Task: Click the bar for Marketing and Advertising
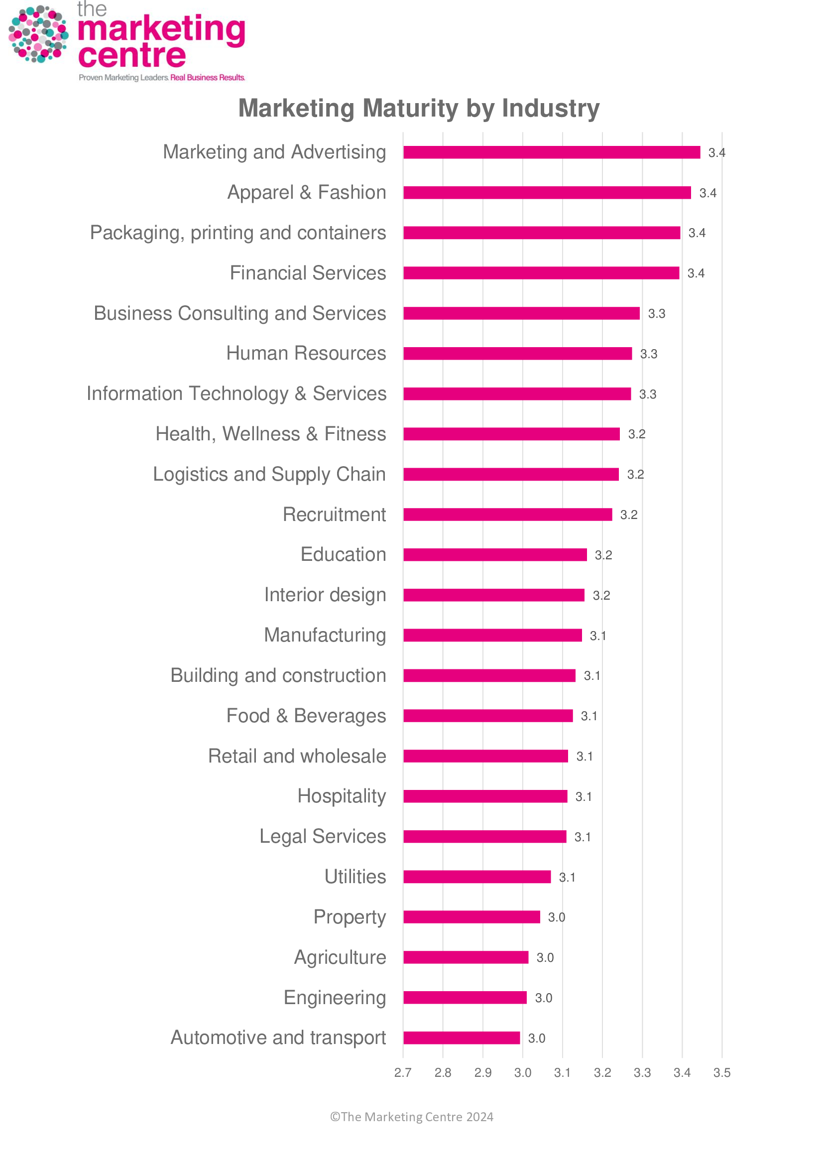tap(551, 152)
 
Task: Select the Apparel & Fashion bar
tap(547, 193)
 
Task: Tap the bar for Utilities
tap(476, 877)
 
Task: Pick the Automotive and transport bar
tap(462, 1037)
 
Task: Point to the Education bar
tap(495, 554)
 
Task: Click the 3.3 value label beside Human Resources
tap(649, 354)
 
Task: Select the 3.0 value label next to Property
tap(556, 917)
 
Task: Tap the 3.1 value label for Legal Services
tap(583, 837)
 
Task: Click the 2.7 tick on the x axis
tap(403, 1073)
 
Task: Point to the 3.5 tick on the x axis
tap(721, 1073)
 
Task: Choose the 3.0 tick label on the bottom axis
tap(522, 1073)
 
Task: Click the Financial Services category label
tap(308, 273)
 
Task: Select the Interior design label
tap(325, 595)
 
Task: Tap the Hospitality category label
tap(342, 796)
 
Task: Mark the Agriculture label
tap(340, 957)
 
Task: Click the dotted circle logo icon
tap(38, 34)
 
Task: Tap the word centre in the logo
tap(132, 55)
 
